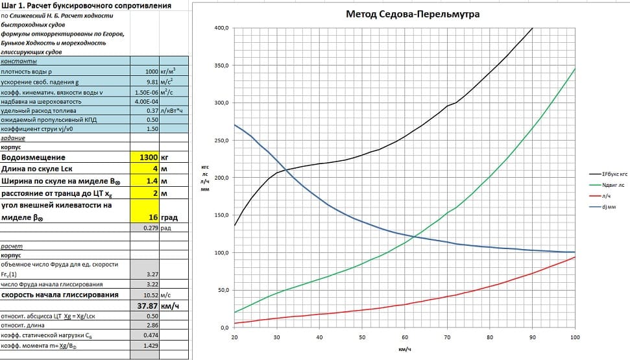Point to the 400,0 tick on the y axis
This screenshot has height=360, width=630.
tap(221, 29)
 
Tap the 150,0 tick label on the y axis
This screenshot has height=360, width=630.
tap(221, 215)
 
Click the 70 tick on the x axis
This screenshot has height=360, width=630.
tap(447, 338)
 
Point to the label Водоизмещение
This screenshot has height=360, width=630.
tap(34, 158)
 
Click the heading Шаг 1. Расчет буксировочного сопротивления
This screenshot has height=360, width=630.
tap(88, 6)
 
